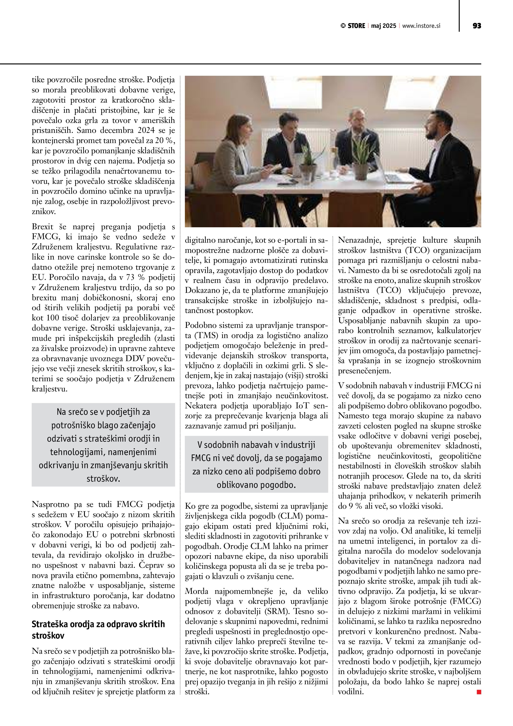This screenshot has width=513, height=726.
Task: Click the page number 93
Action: (477, 26)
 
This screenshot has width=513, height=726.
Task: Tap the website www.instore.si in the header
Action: (421, 26)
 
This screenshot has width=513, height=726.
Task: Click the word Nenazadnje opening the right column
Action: (357, 240)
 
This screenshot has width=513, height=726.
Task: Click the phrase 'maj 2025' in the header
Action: (383, 26)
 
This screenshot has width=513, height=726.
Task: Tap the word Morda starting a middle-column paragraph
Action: (197, 591)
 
